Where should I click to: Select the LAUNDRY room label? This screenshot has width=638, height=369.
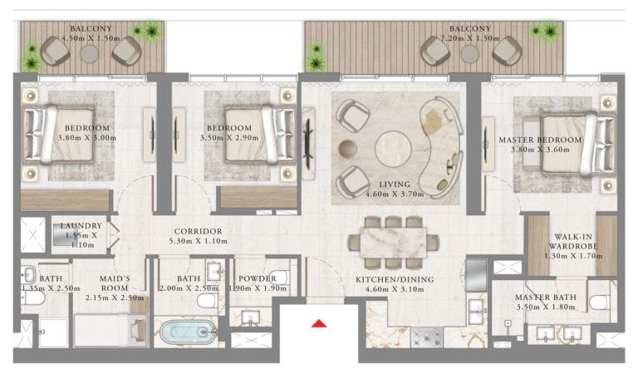point(81,226)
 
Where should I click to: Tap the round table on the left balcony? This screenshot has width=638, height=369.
point(89,53)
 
